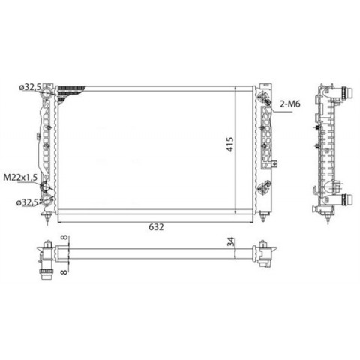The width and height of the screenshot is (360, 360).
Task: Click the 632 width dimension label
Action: [x=156, y=227]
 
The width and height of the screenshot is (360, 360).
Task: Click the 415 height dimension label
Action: [x=230, y=144]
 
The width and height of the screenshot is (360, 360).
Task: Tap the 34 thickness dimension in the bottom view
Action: [x=232, y=241]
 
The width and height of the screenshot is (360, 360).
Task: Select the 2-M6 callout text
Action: [x=289, y=103]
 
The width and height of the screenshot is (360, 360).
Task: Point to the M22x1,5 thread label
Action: [x=20, y=178]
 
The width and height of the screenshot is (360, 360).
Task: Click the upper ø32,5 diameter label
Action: [x=30, y=87]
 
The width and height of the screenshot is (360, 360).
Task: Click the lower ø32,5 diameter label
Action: [x=28, y=202]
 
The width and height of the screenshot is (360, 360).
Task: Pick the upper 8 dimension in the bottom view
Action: [x=64, y=238]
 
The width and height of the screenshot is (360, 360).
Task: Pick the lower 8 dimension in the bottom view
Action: [x=64, y=271]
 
